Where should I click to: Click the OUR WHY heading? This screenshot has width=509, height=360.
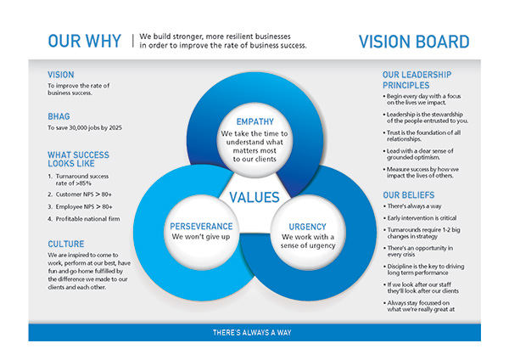click(84, 42)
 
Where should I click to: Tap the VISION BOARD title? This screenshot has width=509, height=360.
click(414, 42)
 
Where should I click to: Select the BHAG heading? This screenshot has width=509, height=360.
click(59, 116)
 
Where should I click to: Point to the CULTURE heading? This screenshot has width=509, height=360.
click(66, 244)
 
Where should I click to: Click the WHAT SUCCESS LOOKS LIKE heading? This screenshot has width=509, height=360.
click(78, 160)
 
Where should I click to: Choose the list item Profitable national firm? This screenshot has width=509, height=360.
click(84, 219)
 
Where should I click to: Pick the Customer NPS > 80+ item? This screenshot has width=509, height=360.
click(80, 194)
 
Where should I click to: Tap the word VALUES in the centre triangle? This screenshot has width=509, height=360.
click(255, 197)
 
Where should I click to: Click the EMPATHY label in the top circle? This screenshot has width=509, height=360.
click(255, 122)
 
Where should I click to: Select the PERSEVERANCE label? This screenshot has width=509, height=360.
click(201, 226)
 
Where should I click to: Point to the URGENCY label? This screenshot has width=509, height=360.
click(307, 227)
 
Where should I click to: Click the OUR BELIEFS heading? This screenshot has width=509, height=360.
click(408, 195)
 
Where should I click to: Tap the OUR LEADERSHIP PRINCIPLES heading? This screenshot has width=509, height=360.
click(417, 80)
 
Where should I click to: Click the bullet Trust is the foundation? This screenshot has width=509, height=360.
click(422, 136)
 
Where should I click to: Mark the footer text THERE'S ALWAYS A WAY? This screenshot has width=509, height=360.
click(252, 332)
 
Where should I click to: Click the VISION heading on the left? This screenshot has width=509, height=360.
click(61, 75)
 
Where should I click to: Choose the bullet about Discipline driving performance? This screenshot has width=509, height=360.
click(423, 269)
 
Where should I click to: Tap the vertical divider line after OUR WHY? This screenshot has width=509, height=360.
click(133, 41)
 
